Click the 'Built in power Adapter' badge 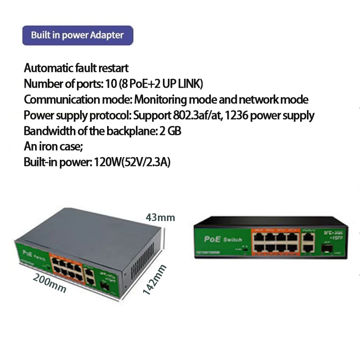pos(79,35)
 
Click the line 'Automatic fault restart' pos(76,68)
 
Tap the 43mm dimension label pos(160,218)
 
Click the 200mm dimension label pos(49,283)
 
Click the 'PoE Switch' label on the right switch pos(223,239)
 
